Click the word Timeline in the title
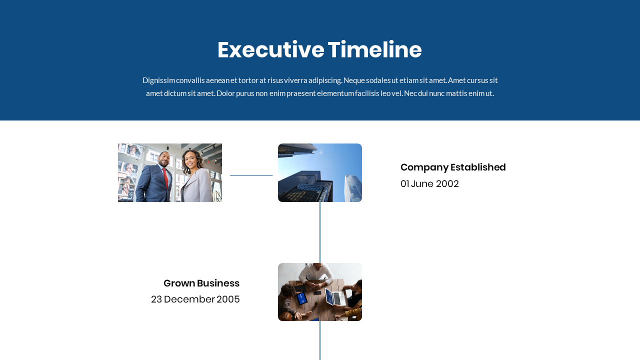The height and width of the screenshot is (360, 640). point(375,50)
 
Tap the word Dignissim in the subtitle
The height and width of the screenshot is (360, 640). point(158,80)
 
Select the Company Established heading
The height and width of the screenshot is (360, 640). point(453,167)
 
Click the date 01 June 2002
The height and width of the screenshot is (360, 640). point(429,184)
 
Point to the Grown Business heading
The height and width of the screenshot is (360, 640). point(201,283)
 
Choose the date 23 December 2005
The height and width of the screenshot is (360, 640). point(195,299)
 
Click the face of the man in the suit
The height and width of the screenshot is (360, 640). point(164,160)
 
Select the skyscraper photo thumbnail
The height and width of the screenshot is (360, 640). point(320,172)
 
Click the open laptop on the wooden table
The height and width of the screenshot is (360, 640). point(336,297)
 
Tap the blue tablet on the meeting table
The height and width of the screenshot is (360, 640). point(302,298)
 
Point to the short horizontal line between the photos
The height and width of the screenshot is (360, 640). point(251,175)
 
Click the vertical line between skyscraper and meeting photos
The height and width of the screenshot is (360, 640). point(320,232)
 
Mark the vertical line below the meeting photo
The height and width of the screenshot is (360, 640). point(320,340)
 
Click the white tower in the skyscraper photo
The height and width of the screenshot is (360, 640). point(352,187)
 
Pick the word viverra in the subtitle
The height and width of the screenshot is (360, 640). point(295,80)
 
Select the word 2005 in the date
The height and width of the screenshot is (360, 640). point(228,299)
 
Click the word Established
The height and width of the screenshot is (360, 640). point(478,167)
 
